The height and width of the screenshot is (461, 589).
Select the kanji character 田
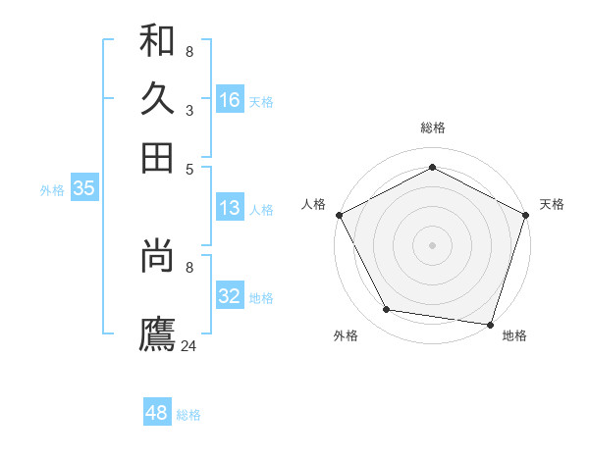(157, 157)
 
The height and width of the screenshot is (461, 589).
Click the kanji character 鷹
(157, 333)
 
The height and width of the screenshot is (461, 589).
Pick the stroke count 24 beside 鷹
(189, 345)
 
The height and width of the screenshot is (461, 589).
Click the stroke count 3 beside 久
(189, 111)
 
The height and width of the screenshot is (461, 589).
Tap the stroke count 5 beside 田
(189, 169)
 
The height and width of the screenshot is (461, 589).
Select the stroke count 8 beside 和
(189, 52)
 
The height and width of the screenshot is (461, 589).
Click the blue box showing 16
(229, 100)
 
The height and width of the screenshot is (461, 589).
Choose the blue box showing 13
(229, 208)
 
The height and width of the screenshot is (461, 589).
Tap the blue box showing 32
(229, 296)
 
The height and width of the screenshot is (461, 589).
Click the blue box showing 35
(83, 189)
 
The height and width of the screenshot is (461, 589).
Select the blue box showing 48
(156, 413)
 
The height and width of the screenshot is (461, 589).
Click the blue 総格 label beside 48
(188, 415)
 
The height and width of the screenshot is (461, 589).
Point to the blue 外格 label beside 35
(52, 190)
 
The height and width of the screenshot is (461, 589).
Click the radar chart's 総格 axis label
(432, 128)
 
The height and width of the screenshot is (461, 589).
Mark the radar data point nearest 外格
(387, 310)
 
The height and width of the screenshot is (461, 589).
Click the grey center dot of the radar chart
(432, 245)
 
